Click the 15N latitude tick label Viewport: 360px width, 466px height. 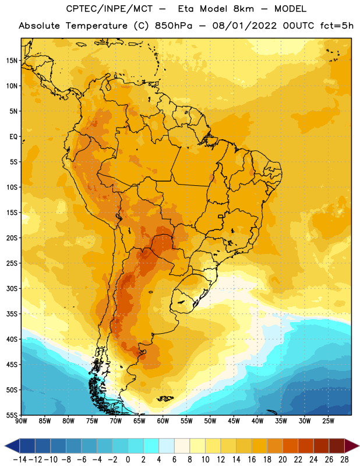pyautogui.click(x=12, y=61)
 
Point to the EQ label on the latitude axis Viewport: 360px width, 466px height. pyautogui.click(x=13, y=137)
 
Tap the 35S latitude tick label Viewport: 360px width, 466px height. pyautogui.click(x=12, y=314)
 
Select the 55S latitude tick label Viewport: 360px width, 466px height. pyautogui.click(x=12, y=415)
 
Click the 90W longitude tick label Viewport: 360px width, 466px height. pyautogui.click(x=21, y=421)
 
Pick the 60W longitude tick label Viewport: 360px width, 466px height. pyautogui.click(x=163, y=421)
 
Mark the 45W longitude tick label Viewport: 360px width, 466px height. pyautogui.click(x=234, y=421)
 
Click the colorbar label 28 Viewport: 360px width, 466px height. pyautogui.click(x=344, y=460)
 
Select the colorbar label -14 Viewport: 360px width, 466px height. pyautogui.click(x=20, y=460)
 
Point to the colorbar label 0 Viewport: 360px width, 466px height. pyautogui.click(x=128, y=460)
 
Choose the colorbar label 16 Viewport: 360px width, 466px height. pyautogui.click(x=252, y=460)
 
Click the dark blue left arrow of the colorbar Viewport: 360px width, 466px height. pyautogui.click(x=12, y=446)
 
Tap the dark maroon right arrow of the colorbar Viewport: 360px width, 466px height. pyautogui.click(x=352, y=446)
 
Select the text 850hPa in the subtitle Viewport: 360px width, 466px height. pyautogui.click(x=174, y=26)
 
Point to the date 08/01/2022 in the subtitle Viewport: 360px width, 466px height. pyautogui.click(x=244, y=26)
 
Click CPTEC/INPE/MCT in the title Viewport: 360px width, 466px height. pyautogui.click(x=110, y=9)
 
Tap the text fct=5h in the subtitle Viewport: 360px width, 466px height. pyautogui.click(x=337, y=26)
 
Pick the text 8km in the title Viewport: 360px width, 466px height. pyautogui.click(x=243, y=9)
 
